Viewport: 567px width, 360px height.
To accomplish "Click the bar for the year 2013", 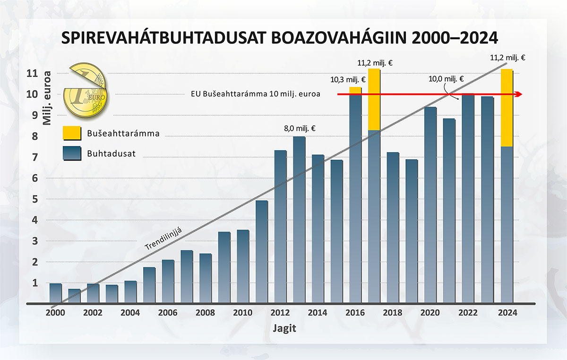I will click(299, 220).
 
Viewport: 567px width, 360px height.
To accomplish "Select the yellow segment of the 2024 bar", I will click(507, 108).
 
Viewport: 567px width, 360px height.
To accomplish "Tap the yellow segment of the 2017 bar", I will click(374, 99).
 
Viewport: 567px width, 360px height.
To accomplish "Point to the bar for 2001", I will click(74, 296).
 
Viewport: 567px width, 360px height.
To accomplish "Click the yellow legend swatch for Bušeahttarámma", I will click(71, 134).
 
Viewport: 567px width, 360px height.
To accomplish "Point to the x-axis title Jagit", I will click(284, 328).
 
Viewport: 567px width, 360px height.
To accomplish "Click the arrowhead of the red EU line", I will click(518, 94).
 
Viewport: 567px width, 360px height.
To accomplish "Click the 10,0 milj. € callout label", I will click(446, 80).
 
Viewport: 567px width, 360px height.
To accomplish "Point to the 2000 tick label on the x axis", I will click(56, 313).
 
